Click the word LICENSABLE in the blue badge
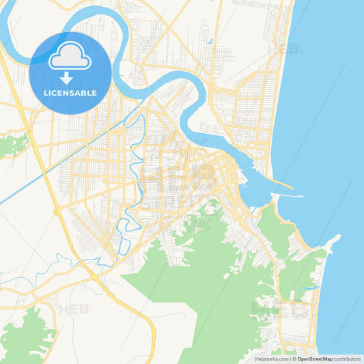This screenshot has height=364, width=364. [70, 92]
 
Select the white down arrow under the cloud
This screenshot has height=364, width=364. [66, 77]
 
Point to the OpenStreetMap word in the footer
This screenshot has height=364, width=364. [315, 358]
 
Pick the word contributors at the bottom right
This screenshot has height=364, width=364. [347, 358]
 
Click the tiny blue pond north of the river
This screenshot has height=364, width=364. [211, 42]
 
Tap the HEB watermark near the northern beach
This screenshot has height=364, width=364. [282, 49]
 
